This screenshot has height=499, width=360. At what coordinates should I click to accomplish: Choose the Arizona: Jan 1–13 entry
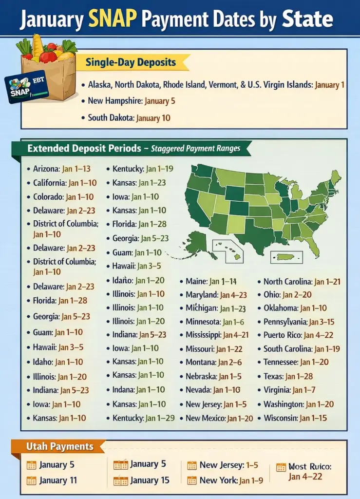tap(61, 169)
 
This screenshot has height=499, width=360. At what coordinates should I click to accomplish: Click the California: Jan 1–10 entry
tap(65, 183)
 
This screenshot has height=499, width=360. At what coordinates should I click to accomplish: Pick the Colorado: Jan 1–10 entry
tap(63, 197)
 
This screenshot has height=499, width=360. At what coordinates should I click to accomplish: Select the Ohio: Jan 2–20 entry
tap(287, 294)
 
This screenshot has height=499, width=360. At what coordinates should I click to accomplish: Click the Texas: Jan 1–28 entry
tap(288, 376)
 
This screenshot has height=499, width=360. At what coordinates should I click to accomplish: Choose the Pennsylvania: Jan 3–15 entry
tap(299, 322)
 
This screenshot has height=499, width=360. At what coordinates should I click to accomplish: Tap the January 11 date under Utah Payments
tap(58, 480)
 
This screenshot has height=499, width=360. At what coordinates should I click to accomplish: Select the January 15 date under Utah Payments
tap(150, 480)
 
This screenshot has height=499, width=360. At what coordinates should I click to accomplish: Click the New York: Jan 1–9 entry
tap(231, 480)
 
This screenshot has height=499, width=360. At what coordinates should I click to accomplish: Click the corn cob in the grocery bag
tap(38, 45)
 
